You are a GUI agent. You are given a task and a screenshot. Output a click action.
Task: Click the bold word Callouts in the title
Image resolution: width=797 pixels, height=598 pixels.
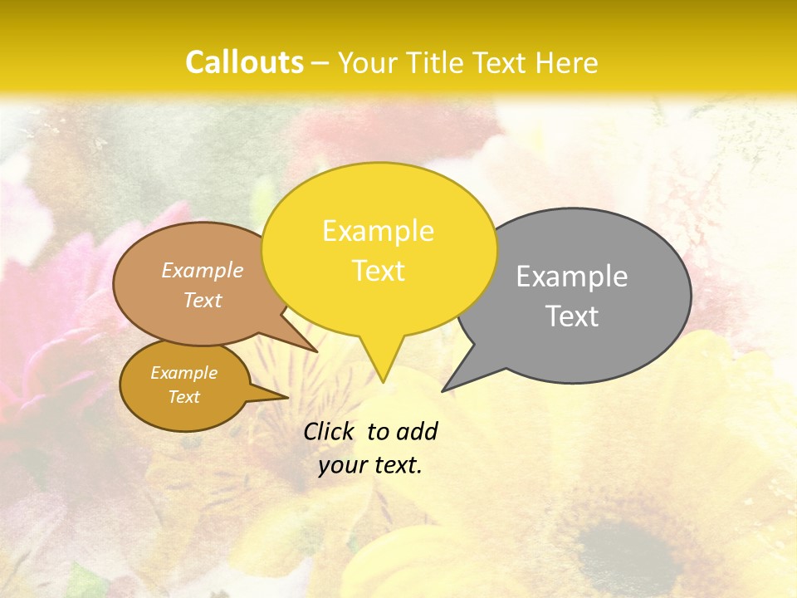(244, 62)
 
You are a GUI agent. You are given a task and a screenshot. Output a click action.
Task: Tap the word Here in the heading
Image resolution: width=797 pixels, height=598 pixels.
(567, 62)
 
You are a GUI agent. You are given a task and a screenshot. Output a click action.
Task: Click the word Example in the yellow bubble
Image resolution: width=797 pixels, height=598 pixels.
(378, 231)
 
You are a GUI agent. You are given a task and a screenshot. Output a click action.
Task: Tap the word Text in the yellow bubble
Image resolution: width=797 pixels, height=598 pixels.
(379, 271)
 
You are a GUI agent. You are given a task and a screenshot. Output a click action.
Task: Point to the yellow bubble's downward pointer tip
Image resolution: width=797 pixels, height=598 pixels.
(383, 381)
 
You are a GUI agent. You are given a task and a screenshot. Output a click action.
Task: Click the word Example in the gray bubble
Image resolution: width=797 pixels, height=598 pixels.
(572, 277)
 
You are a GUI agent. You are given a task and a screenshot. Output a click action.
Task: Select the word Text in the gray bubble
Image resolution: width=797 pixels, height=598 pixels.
(573, 316)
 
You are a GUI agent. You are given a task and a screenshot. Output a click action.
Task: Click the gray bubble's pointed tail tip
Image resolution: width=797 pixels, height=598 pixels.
(443, 390)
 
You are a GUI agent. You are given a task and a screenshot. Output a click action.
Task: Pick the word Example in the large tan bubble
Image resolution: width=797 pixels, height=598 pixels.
(203, 270)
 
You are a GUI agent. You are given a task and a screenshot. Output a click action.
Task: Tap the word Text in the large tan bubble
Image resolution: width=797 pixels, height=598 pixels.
(203, 300)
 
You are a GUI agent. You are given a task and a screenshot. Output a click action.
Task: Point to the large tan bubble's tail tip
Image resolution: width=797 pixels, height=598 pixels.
(316, 350)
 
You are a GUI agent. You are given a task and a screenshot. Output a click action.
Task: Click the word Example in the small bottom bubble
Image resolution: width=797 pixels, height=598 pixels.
(183, 373)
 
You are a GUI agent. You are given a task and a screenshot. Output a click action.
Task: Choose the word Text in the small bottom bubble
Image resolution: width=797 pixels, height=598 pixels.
(183, 397)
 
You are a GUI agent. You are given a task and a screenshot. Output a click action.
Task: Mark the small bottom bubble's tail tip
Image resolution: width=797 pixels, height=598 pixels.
(287, 398)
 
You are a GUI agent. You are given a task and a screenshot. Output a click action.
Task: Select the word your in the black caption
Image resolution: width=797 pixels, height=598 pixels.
(340, 465)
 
